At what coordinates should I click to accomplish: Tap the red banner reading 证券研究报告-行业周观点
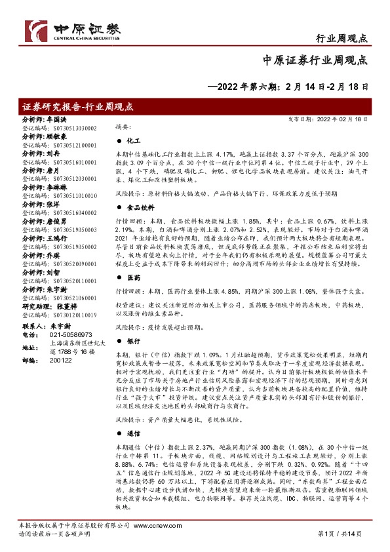(x=78, y=106)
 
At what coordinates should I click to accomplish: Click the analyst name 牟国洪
(x=56, y=121)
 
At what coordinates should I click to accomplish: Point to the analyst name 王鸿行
(x=56, y=241)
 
